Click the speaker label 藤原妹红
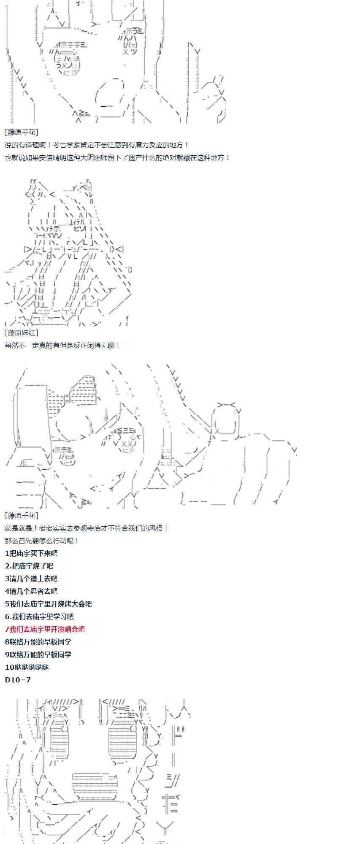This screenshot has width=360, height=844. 22,333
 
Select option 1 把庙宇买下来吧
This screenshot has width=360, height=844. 31,553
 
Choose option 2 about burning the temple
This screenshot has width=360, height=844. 29,566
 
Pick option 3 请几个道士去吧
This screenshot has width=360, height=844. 31,579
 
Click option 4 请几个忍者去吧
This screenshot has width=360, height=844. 31,591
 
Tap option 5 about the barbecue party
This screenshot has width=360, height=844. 48,604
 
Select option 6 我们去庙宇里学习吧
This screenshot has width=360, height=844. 39,617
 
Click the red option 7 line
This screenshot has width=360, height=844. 45,629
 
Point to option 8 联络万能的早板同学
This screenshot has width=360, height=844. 38,642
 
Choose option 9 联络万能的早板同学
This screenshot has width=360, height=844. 38,655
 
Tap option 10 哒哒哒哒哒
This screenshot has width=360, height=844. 27,667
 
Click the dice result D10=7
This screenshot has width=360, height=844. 18,680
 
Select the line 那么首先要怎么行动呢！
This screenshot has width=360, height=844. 42,541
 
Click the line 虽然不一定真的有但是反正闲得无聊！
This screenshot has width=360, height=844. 62,345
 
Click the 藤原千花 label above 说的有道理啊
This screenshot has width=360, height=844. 22,132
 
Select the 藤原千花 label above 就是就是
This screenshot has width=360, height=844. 22,515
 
